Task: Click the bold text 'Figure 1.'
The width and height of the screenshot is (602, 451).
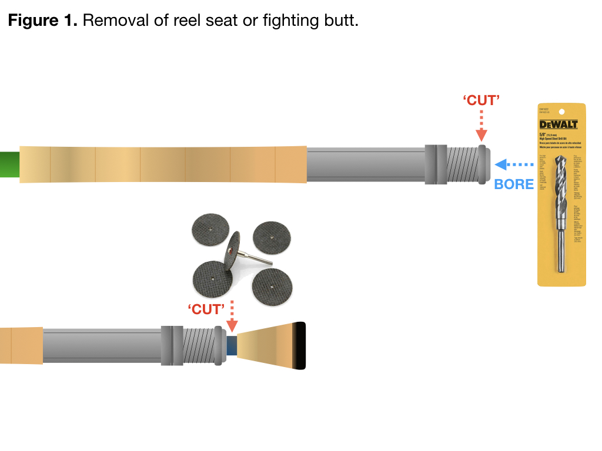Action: point(42,21)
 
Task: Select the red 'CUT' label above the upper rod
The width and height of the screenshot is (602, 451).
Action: point(481,100)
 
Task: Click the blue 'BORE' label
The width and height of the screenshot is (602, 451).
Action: point(514,184)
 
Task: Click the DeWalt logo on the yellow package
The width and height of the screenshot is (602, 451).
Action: point(558,124)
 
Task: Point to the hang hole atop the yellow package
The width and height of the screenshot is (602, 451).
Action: point(561,111)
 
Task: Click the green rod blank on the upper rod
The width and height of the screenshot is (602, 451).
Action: point(9,164)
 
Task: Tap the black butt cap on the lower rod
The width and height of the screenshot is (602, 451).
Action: point(300,346)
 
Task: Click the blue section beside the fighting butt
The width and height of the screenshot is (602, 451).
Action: point(232,346)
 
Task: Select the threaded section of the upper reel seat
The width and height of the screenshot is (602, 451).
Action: point(461,164)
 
